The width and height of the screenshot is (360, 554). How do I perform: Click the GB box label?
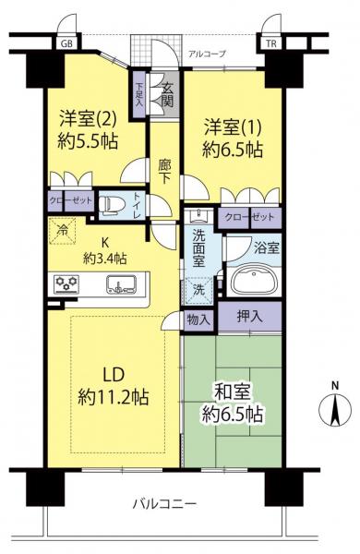(66, 43)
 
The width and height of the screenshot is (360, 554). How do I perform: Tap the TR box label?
(271, 43)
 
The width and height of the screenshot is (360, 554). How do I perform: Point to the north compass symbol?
(335, 406)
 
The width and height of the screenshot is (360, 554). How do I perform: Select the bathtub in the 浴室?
(254, 282)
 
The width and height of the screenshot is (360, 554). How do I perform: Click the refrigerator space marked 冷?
(63, 231)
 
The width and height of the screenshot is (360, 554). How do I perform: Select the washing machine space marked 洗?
(198, 290)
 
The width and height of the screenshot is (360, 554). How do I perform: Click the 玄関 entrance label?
(167, 95)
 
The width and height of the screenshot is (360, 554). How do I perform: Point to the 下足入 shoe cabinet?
(138, 95)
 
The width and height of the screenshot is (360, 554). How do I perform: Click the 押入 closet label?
(249, 317)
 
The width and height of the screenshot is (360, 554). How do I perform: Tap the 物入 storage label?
(198, 319)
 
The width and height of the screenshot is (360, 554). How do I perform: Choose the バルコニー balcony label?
(164, 503)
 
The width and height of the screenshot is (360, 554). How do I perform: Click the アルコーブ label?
(207, 54)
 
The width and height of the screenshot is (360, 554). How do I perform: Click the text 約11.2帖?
(113, 397)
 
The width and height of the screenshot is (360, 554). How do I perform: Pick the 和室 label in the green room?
(233, 391)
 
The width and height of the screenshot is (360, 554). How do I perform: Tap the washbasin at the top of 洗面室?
(198, 215)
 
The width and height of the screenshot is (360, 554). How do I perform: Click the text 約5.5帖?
(88, 142)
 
